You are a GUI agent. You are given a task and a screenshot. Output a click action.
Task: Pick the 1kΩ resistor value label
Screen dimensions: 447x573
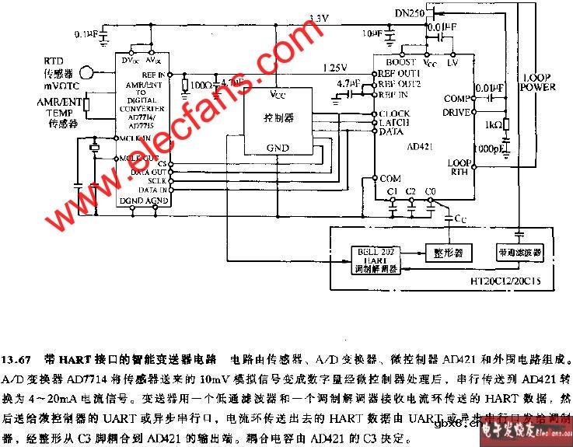pyautogui.click(x=491, y=124)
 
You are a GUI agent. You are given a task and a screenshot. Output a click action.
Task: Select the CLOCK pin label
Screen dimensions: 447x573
pyautogui.click(x=394, y=113)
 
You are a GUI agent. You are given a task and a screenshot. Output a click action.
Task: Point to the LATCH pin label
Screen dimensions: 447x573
pyautogui.click(x=394, y=123)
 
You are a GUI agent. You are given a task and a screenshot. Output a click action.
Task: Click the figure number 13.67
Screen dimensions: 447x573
pyautogui.click(x=16, y=360)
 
